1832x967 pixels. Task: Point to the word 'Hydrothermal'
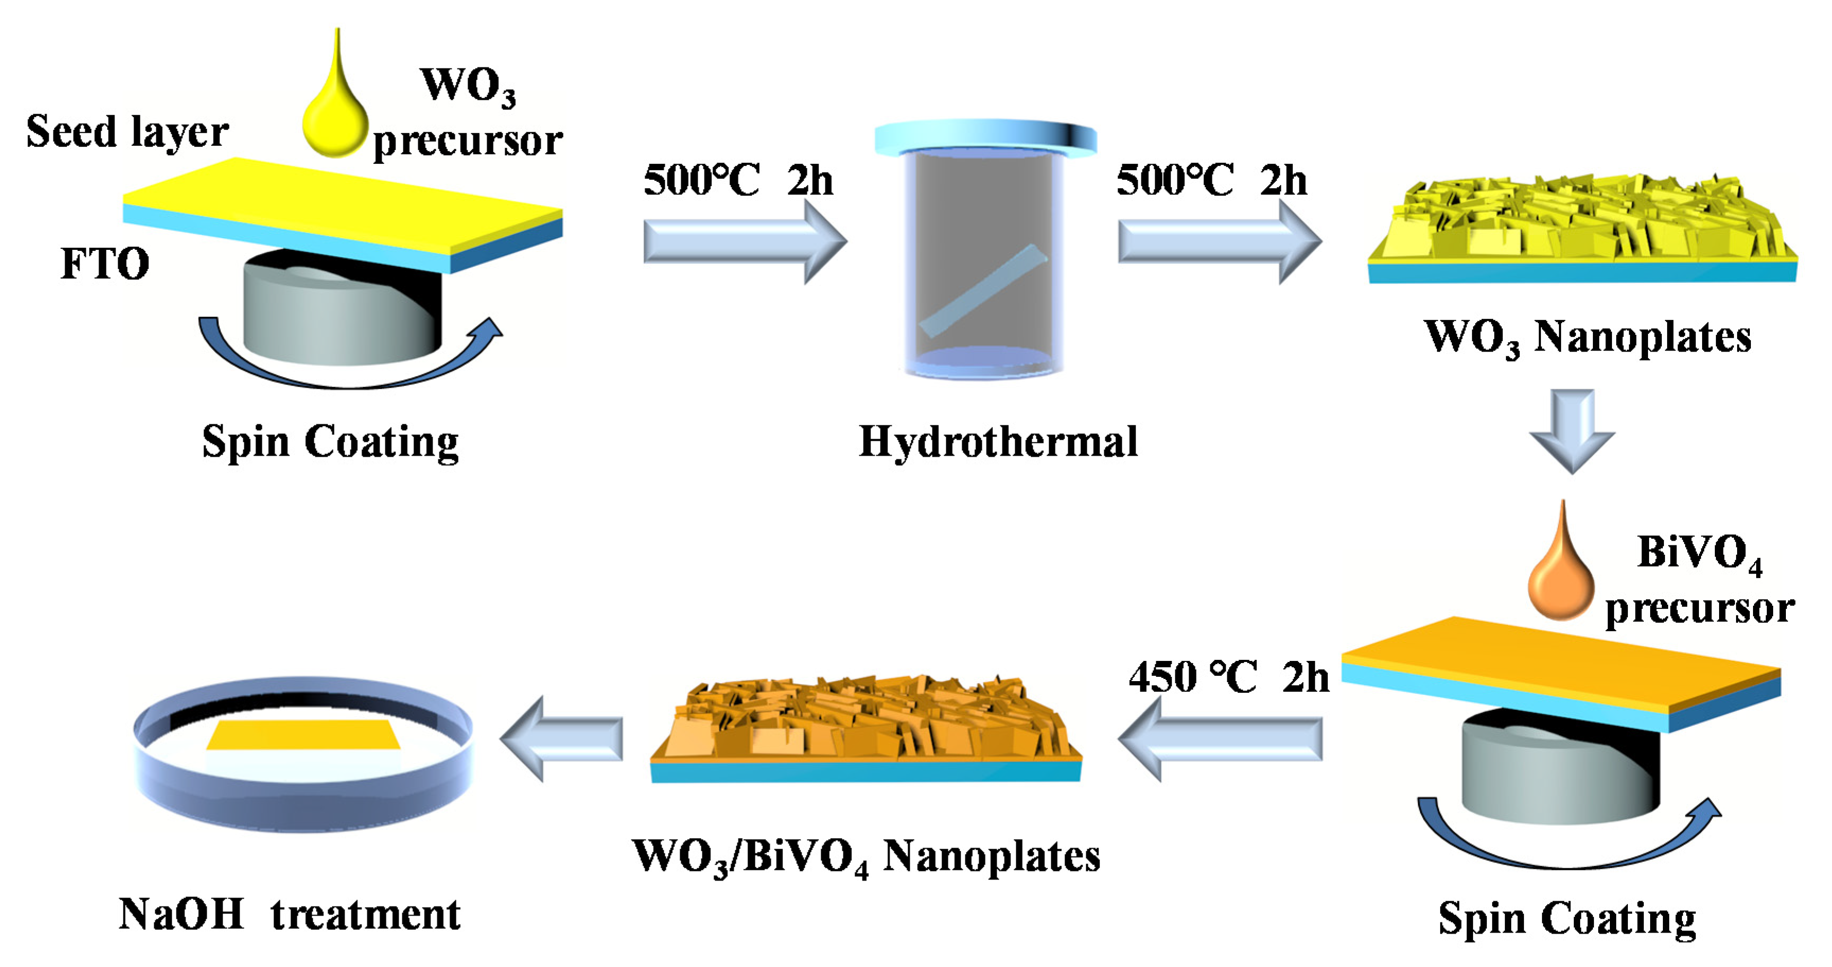998,441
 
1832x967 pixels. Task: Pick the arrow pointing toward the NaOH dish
562,738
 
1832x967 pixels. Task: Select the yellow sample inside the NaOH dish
304,734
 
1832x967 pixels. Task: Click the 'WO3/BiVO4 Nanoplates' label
866,856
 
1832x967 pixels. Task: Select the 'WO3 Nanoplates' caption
1587,336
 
